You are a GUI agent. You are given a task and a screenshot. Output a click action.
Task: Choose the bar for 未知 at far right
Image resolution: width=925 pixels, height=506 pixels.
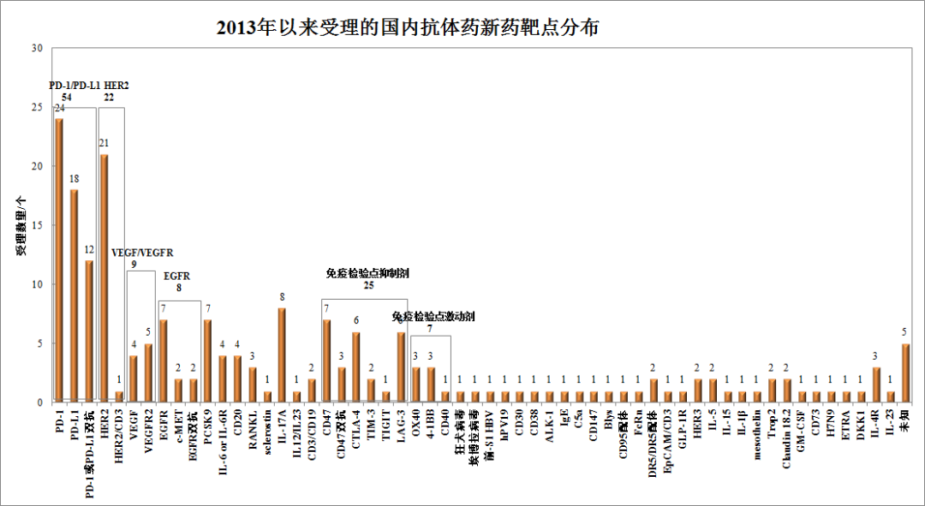click(906, 372)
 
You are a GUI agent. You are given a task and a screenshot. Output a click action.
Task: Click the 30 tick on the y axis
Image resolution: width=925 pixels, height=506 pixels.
click(36, 48)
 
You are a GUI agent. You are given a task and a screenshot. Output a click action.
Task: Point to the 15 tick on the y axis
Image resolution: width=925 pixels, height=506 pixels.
click(36, 225)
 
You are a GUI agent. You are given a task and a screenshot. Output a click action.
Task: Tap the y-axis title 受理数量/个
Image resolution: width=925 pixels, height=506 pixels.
click(19, 225)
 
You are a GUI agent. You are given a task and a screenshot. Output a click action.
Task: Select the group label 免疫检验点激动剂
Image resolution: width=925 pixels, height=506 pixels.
click(433, 317)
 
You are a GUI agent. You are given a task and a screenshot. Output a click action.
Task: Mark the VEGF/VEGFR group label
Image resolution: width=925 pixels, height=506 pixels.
click(143, 253)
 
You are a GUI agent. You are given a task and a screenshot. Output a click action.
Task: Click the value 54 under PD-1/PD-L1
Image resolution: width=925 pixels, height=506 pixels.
click(66, 97)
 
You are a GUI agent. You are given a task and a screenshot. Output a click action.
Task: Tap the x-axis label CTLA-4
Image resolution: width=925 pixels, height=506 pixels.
click(356, 426)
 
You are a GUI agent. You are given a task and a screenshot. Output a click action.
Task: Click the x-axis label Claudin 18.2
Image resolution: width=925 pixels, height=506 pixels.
click(787, 436)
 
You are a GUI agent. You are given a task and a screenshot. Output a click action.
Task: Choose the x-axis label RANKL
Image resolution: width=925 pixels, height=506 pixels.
click(253, 424)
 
